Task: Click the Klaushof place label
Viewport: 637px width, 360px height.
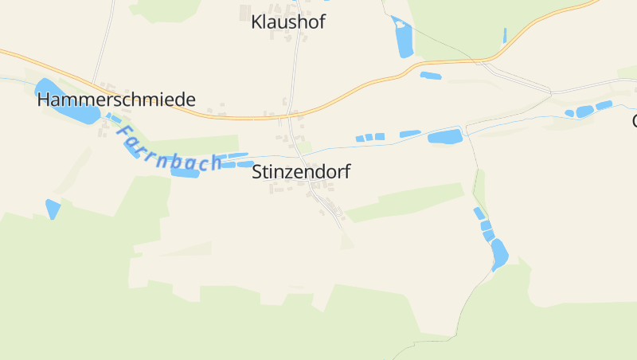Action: [x=287, y=22]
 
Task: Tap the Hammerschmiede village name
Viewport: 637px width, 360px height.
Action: [x=116, y=100]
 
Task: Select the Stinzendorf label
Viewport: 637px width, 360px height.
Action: [x=301, y=171]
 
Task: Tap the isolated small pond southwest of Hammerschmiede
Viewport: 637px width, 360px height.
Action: [x=53, y=208]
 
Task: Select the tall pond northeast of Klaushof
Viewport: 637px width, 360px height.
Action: [x=403, y=37]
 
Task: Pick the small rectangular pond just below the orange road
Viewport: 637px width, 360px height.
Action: [x=431, y=76]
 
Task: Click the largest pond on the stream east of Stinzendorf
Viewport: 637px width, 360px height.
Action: [x=445, y=136]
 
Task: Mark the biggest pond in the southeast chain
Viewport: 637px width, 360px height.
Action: [x=499, y=253]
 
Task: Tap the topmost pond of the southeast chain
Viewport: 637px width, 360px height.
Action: [x=479, y=213]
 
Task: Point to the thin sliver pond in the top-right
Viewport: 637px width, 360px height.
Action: [x=505, y=35]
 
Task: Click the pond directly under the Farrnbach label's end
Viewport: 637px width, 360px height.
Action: [x=184, y=173]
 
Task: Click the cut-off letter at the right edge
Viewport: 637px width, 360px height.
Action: [x=635, y=121]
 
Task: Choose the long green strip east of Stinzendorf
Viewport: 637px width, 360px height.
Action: [x=406, y=202]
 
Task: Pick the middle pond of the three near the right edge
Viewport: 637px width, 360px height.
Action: [x=585, y=112]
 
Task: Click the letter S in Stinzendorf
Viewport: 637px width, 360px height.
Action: [x=257, y=171]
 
